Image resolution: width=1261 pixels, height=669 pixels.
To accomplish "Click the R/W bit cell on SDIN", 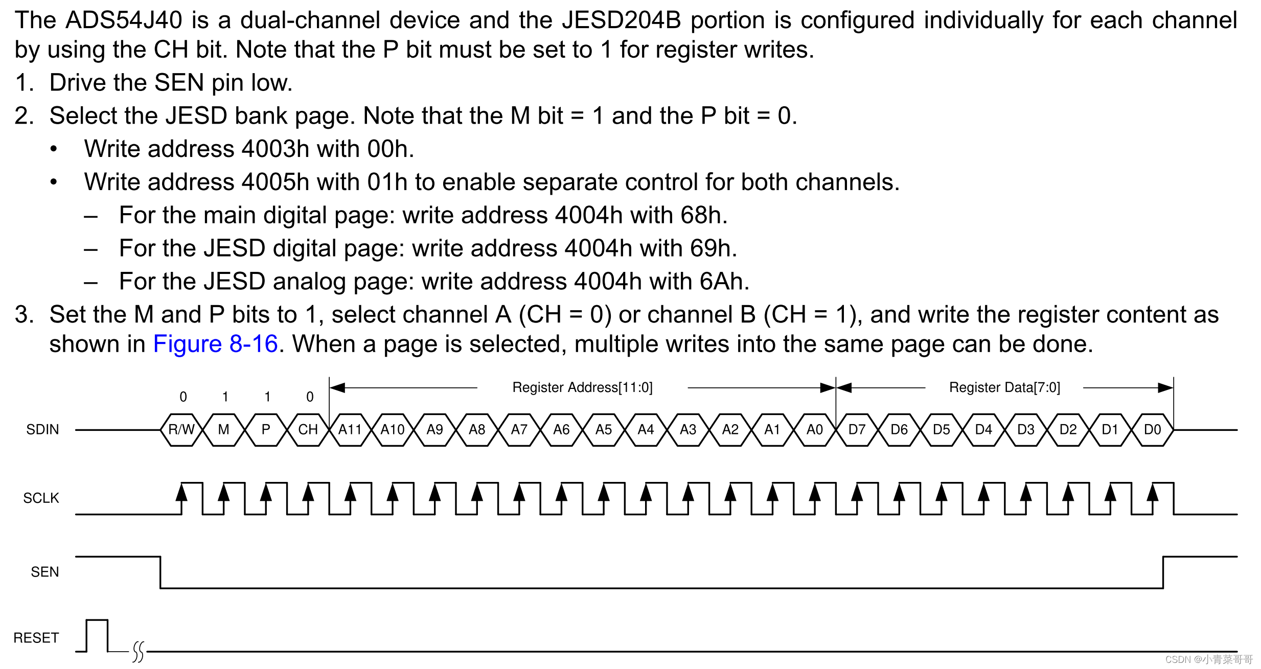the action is (x=181, y=429).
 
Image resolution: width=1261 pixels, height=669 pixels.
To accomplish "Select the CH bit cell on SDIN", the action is (x=308, y=429).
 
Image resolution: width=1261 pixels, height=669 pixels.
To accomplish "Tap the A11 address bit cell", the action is (x=350, y=429).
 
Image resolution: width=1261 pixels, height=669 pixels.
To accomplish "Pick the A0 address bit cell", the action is (x=815, y=429).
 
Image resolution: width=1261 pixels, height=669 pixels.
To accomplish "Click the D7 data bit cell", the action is (x=857, y=429).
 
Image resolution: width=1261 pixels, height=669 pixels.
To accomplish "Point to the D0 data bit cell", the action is (x=1153, y=429).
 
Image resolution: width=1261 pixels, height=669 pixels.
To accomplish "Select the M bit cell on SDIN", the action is (x=223, y=429).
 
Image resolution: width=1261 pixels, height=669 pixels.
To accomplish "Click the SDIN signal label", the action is (x=42, y=429).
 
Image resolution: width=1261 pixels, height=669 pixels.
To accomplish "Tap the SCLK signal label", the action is (x=41, y=498).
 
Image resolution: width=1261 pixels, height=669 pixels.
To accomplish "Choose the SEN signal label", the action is (x=44, y=572).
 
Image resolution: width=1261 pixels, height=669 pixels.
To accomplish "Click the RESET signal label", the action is (x=36, y=638).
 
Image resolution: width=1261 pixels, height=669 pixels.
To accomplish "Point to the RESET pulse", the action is (x=97, y=635).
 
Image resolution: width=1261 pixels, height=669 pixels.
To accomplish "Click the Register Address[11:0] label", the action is (x=582, y=387).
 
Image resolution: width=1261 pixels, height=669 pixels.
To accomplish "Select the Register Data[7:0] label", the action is (x=1004, y=387).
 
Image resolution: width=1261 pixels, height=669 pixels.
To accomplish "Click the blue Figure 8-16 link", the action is (x=215, y=344).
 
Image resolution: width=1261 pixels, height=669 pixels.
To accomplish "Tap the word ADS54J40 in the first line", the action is (x=124, y=20).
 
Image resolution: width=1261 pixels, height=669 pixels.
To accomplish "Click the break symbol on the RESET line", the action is (x=139, y=652).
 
